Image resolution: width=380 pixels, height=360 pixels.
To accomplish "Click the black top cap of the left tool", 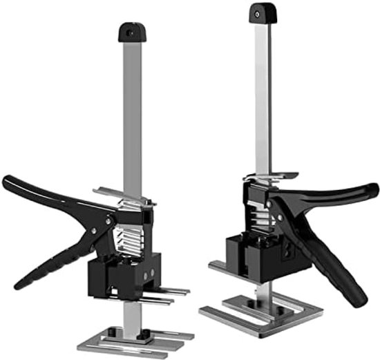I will click(x=133, y=32).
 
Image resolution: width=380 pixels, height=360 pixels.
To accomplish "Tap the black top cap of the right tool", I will click(x=261, y=12).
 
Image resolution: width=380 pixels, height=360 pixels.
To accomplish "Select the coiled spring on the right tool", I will click(x=257, y=207).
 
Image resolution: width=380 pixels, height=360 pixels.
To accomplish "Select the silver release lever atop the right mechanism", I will click(x=269, y=178).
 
